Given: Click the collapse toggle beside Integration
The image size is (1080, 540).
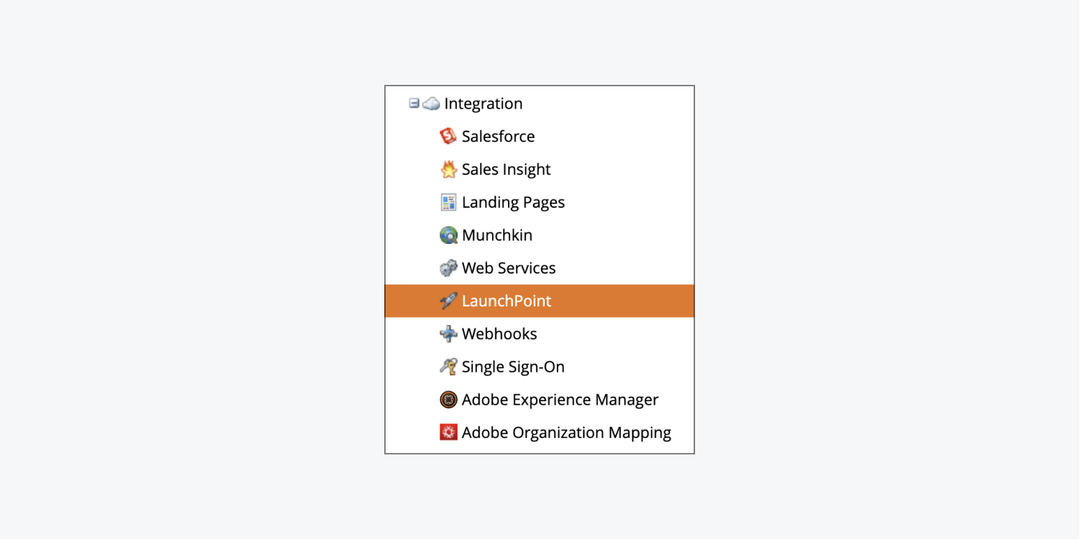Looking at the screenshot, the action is click(x=414, y=103).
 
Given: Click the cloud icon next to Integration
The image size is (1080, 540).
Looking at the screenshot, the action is click(x=431, y=103).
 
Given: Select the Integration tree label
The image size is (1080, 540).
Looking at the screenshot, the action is click(x=483, y=104).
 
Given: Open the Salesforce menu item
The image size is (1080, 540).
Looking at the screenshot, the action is click(x=498, y=137).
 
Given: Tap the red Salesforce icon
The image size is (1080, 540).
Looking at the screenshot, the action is click(x=448, y=136).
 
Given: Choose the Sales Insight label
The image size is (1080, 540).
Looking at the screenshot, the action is click(x=506, y=169).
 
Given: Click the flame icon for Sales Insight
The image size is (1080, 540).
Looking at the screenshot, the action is click(x=448, y=169).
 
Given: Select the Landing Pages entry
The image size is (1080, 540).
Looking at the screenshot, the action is click(x=513, y=202).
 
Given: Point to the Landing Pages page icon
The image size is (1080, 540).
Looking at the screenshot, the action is click(x=448, y=202).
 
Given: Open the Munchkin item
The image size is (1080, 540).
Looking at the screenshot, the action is click(x=497, y=235).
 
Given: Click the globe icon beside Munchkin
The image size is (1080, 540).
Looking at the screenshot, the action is click(x=448, y=235).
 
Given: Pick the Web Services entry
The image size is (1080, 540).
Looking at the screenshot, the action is click(x=509, y=267).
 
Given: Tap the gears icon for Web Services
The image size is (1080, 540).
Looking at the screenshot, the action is click(x=448, y=267).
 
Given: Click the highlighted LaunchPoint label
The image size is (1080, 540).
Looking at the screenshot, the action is click(x=507, y=301).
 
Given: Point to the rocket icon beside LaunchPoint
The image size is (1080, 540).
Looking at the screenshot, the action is click(x=448, y=301).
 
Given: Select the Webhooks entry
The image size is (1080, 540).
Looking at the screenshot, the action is click(x=499, y=334).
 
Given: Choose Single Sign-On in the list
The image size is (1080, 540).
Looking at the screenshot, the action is click(x=513, y=367).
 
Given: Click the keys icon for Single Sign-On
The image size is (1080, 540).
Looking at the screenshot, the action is click(x=448, y=367).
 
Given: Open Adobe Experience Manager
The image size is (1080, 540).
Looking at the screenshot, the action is click(x=560, y=399).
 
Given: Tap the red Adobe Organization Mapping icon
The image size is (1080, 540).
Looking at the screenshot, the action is click(x=448, y=432).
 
